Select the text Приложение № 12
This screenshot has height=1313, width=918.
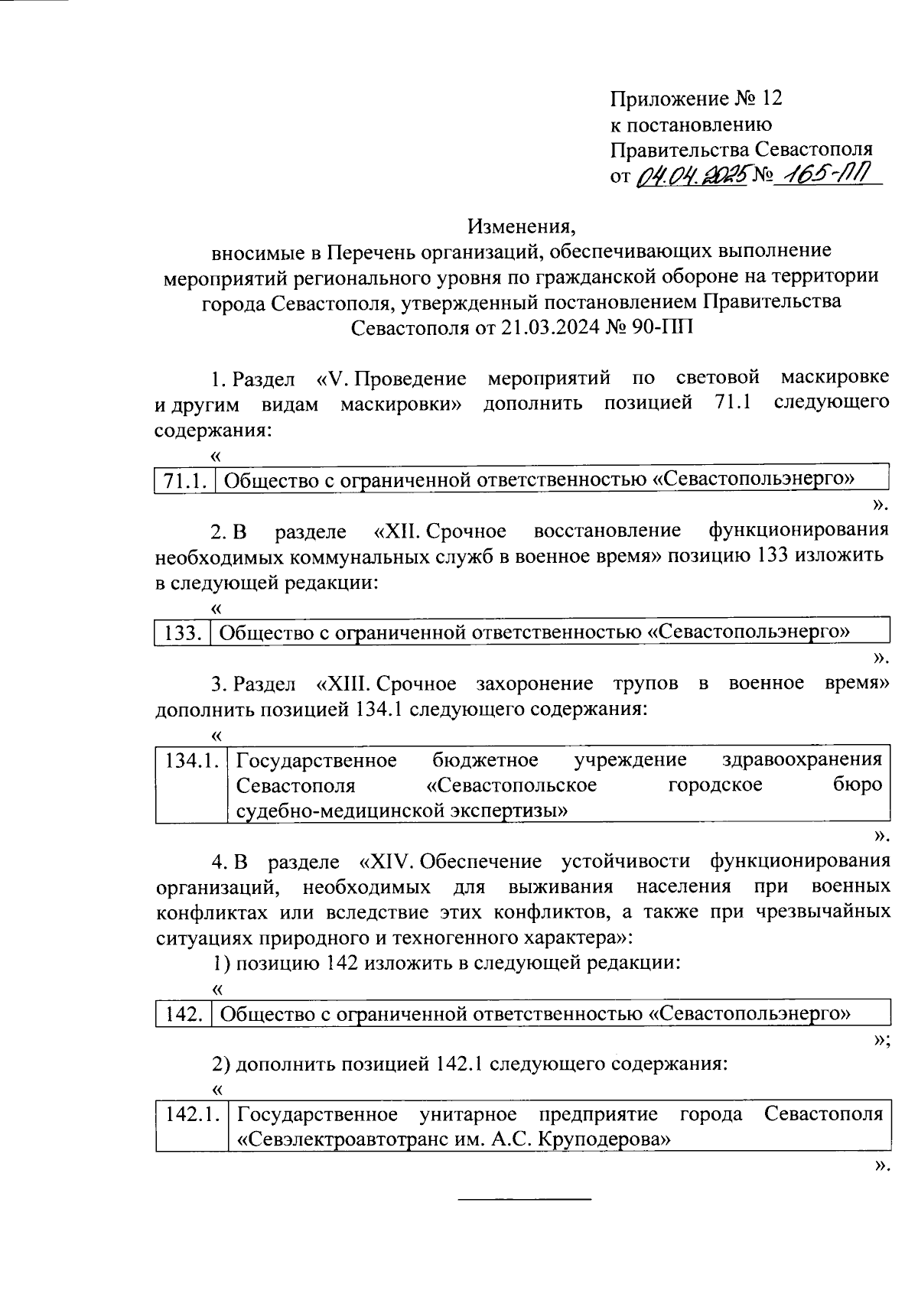(696, 99)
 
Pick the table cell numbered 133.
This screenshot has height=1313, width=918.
(182, 632)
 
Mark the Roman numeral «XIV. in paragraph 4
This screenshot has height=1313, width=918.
(385, 861)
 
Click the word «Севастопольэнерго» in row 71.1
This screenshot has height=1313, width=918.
(754, 480)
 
